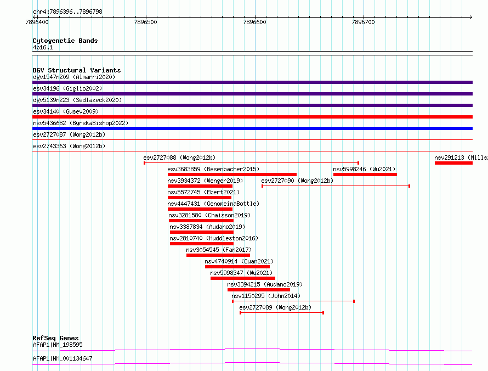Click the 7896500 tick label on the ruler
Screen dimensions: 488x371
pyautogui.click(x=146, y=22)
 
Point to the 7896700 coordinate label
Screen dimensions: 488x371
pyautogui.click(x=363, y=22)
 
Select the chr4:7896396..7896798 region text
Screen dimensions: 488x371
pyautogui.click(x=67, y=12)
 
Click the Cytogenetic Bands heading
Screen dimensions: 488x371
pyautogui.click(x=65, y=41)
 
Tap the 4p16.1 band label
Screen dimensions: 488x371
pyautogui.click(x=43, y=48)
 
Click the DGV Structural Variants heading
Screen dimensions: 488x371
pyautogui.click(x=77, y=70)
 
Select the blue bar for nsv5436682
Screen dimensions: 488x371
pyautogui.click(x=252, y=128)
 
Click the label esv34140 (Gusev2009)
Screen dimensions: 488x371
pyautogui.click(x=66, y=111)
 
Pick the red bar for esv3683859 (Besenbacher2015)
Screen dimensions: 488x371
pyautogui.click(x=232, y=175)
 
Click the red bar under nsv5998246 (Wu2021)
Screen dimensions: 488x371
pyautogui.click(x=365, y=175)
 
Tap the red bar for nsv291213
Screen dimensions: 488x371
pyautogui.click(x=454, y=163)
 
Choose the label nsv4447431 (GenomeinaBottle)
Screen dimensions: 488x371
pyautogui.click(x=213, y=204)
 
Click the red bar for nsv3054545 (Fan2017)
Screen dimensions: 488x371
pyautogui.click(x=218, y=255)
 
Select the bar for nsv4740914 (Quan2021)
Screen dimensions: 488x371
pyautogui.click(x=237, y=267)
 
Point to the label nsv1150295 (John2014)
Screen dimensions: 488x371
pyautogui.click(x=266, y=296)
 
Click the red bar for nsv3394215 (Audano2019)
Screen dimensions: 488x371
pyautogui.click(x=259, y=290)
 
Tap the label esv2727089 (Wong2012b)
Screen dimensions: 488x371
pyautogui.click(x=275, y=307)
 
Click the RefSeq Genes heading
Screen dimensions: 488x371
pyautogui.click(x=56, y=338)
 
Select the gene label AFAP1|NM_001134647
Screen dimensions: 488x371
pyautogui.click(x=63, y=358)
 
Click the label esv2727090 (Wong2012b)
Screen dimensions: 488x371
pyautogui.click(x=297, y=181)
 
